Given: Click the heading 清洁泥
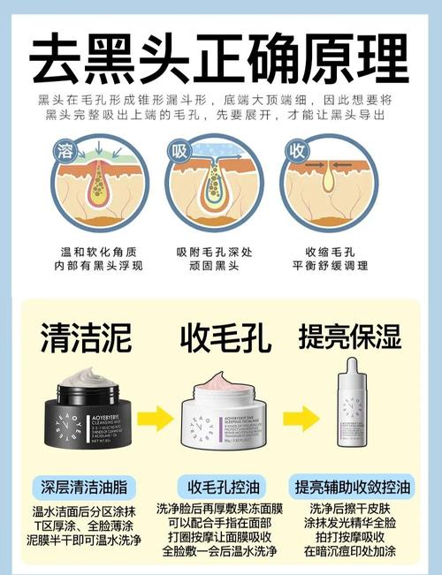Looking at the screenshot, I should click(x=86, y=337).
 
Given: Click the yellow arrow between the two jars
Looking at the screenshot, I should click(x=154, y=414).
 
